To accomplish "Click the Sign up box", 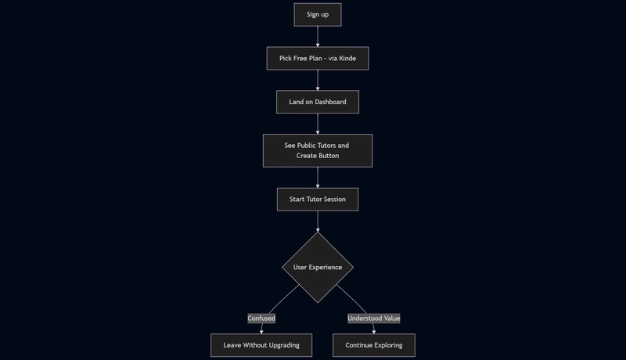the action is [318, 15].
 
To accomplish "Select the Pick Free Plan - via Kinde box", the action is [318, 58].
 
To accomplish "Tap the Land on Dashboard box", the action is [318, 102].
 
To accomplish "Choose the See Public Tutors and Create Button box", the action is [318, 150].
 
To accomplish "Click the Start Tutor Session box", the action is [318, 199].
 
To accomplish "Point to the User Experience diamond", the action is [318, 268].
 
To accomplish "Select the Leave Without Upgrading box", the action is [261, 345].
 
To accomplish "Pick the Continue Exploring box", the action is [374, 345].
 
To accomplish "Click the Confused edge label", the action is [261, 318].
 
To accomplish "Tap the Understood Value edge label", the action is [374, 318].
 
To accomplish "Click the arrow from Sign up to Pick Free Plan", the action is [318, 37].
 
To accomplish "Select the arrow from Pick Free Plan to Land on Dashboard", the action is [318, 81].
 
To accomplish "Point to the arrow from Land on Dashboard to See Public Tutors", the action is [318, 124].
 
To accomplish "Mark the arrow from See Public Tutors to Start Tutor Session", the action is [318, 178].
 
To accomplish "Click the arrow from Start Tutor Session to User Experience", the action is [318, 221].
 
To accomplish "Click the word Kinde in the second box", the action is [347, 58].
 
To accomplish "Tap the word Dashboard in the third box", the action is [330, 102].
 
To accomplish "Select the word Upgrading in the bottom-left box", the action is [284, 345].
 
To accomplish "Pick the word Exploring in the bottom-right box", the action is [387, 345].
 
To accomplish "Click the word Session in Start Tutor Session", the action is [335, 199].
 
